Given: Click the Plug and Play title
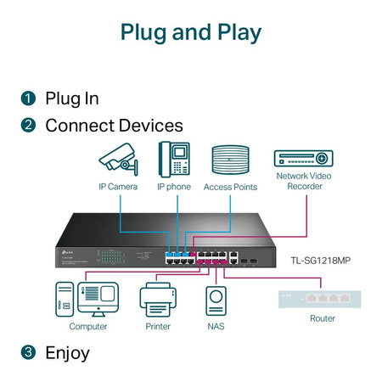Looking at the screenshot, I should pos(190,32).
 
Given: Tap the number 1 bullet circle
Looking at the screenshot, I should pos(28,98).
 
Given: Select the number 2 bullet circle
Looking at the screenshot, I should pos(28,126).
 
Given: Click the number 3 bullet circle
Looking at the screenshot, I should pos(28,351).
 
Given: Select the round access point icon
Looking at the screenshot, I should pos(230,160).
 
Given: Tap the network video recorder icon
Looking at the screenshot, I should pos(303,158).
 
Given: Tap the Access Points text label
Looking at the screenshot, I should pos(230,186).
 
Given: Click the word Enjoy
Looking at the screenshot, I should pos(67,351).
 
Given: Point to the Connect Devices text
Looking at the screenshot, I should pos(114,126).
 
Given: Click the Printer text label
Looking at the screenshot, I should pos(157,326).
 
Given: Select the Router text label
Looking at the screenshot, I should pos(322,318).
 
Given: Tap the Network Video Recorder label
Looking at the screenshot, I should pos(304,181).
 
